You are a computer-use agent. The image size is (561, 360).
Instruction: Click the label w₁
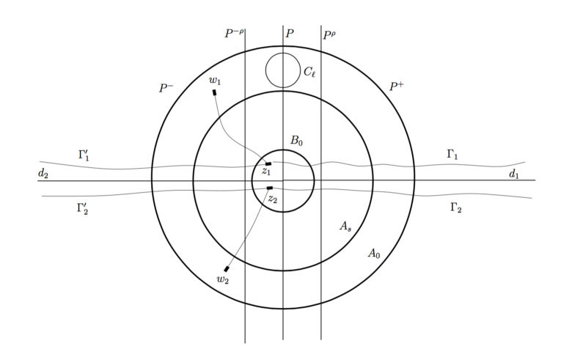215,81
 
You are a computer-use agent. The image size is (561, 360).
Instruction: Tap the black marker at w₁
215,92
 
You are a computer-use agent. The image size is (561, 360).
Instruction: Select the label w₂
222,279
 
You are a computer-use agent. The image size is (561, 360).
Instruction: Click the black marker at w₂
226,269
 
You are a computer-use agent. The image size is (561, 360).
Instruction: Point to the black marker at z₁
268,164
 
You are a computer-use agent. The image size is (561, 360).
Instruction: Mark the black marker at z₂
270,188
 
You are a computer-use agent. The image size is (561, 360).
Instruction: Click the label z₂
273,199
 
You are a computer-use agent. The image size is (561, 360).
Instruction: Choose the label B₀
296,141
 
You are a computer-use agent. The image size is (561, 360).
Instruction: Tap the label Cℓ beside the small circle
309,72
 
